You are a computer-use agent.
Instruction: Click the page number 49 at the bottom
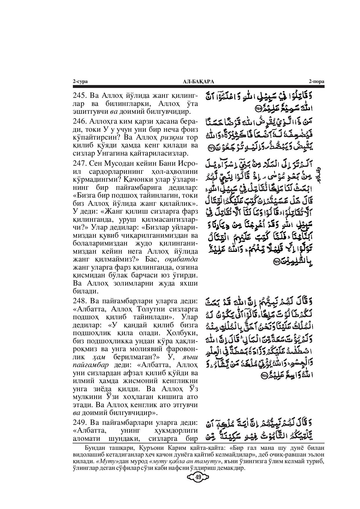[x=199, y=477]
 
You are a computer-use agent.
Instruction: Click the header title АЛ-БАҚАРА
[x=198, y=82]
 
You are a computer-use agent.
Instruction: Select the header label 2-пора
[x=316, y=82]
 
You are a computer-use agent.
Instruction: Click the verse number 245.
[x=79, y=96]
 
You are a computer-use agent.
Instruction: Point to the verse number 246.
[x=79, y=121]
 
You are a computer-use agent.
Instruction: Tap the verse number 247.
[x=79, y=163]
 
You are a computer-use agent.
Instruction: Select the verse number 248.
[x=79, y=301]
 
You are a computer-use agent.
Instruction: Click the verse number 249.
[x=79, y=422]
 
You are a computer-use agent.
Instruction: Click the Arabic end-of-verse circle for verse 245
[x=258, y=109]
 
